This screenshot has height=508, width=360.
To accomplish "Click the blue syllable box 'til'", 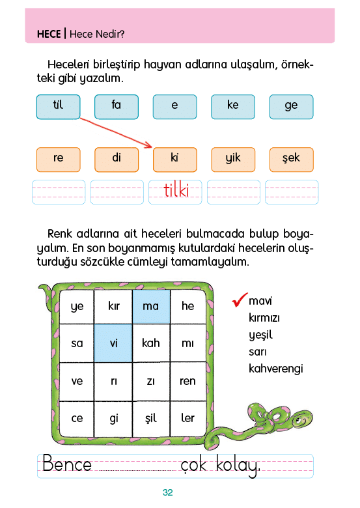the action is point(59,107).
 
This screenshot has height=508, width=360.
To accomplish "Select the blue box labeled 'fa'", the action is point(117,107).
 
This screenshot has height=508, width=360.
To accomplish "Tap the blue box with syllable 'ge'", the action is point(292,107).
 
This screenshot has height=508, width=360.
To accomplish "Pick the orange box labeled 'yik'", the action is point(233,160).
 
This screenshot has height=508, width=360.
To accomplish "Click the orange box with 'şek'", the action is point(292,160).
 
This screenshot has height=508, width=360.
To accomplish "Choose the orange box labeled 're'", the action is point(59,160).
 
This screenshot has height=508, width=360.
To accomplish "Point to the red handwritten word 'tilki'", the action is point(176,190).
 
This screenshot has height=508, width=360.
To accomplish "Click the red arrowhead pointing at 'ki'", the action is point(148,145).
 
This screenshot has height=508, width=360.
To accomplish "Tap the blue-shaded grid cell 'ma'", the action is point(151,307).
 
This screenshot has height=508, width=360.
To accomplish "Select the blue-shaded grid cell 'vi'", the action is point(113,343).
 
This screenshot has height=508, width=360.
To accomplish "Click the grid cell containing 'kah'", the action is point(151,343).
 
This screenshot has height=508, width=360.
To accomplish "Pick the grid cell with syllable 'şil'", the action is point(151,418).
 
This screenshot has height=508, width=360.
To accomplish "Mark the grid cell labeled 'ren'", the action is point(187,381).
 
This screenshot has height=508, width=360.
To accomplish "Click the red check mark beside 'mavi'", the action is point(239,300).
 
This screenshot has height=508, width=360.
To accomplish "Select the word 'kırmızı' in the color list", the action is point(264,318).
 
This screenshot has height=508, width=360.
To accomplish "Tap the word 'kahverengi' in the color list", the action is point(276,369).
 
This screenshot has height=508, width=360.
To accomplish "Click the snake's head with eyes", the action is point(301,419).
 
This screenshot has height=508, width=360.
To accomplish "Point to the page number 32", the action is point(168,492).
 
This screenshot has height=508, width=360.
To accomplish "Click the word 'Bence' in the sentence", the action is point(67,463).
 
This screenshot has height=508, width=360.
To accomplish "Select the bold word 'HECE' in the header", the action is point(49,34).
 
